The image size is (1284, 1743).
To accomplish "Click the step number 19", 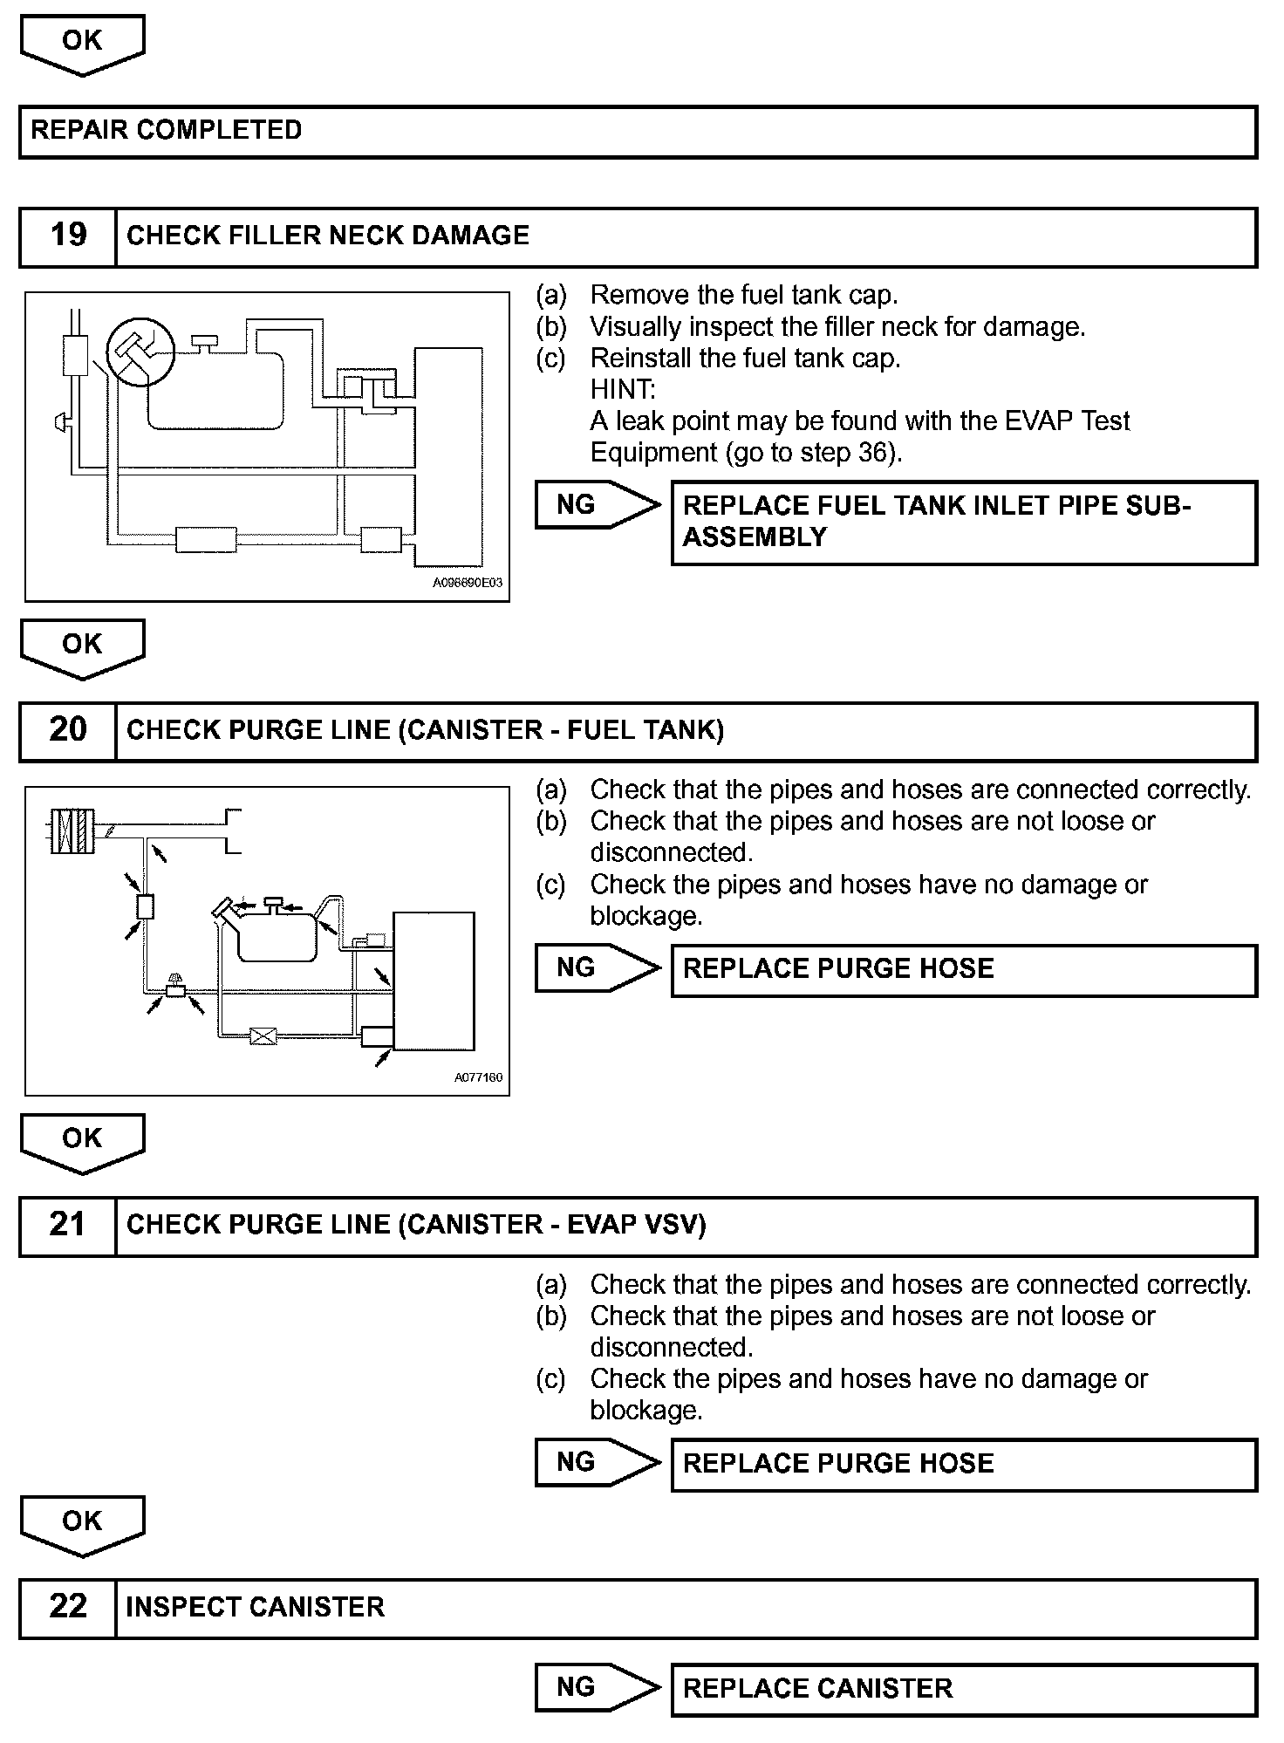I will click(x=68, y=236).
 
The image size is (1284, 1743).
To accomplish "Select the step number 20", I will click(x=68, y=730).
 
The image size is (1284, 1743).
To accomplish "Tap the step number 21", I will click(x=68, y=1225).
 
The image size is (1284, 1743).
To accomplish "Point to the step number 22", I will click(x=68, y=1607).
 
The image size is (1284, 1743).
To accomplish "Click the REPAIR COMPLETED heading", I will click(x=167, y=131).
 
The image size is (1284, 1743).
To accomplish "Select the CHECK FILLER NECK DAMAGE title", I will click(x=328, y=236).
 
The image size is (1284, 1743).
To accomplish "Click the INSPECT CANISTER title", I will click(x=255, y=1607).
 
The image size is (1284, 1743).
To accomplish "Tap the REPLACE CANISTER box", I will click(x=963, y=1688).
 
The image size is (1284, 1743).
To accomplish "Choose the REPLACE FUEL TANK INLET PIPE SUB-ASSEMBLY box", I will click(x=963, y=522).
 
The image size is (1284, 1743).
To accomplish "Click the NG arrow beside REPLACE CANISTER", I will click(x=597, y=1687).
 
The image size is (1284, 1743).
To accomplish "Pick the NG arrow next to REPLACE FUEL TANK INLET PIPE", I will click(x=597, y=504).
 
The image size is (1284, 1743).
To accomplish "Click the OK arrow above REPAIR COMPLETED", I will click(x=82, y=44).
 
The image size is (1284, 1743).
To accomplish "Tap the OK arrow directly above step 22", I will click(x=82, y=1524).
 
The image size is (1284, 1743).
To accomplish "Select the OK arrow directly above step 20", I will click(x=82, y=647).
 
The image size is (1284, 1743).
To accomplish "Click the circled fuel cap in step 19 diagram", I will click(x=140, y=352).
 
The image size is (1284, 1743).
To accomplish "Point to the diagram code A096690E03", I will click(x=468, y=583).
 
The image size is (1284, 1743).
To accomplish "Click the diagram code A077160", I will click(x=478, y=1077).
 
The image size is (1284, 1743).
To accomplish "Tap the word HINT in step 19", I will click(x=623, y=389).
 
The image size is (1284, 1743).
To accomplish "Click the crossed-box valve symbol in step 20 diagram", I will click(x=263, y=1036).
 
